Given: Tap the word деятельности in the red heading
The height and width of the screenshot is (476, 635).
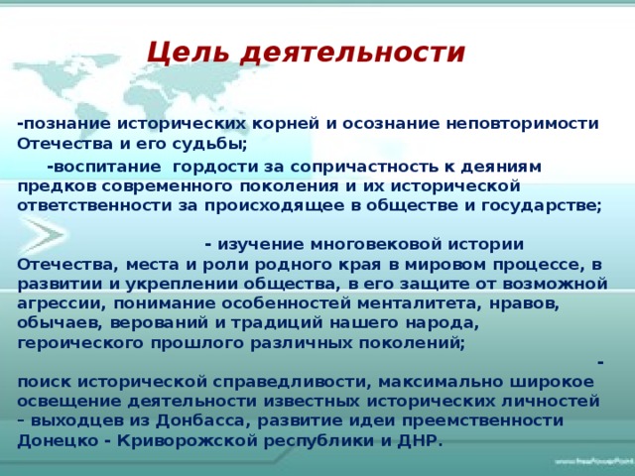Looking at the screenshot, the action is (353, 53).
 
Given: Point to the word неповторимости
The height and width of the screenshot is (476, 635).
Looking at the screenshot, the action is (523, 124).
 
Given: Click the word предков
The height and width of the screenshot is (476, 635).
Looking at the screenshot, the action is (58, 186).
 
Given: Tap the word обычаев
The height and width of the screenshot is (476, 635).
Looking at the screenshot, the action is (61, 323).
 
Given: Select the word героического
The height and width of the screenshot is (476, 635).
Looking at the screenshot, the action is (80, 343).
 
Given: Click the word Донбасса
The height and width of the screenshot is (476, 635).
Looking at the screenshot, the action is (201, 420).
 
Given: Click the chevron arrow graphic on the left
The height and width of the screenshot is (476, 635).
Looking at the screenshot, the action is (45, 235).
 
